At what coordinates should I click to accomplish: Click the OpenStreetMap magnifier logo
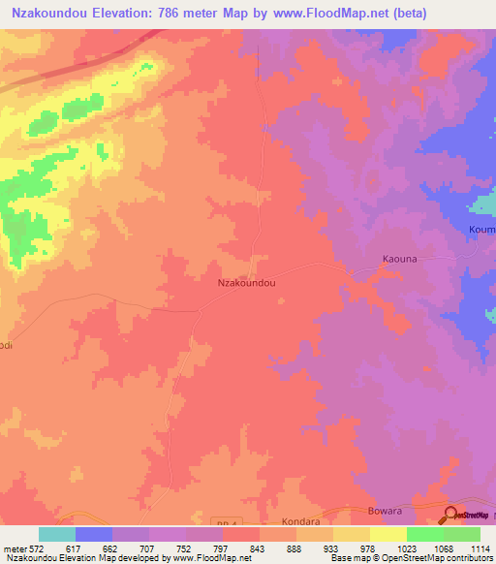pos(451,515)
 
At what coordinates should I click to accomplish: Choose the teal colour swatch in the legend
pos(57,534)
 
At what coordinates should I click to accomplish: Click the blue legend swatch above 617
pos(94,534)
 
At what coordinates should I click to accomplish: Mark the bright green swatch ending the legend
pos(462,534)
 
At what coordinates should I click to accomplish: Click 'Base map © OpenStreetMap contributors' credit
pos(410,559)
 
